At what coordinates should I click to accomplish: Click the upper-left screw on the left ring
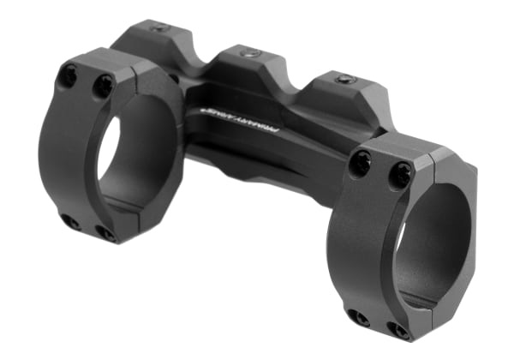tap(69, 75)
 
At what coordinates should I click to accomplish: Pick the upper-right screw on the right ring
tap(400, 174)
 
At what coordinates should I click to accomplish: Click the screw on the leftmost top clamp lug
tap(159, 27)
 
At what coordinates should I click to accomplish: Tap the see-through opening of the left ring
tap(109, 159)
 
